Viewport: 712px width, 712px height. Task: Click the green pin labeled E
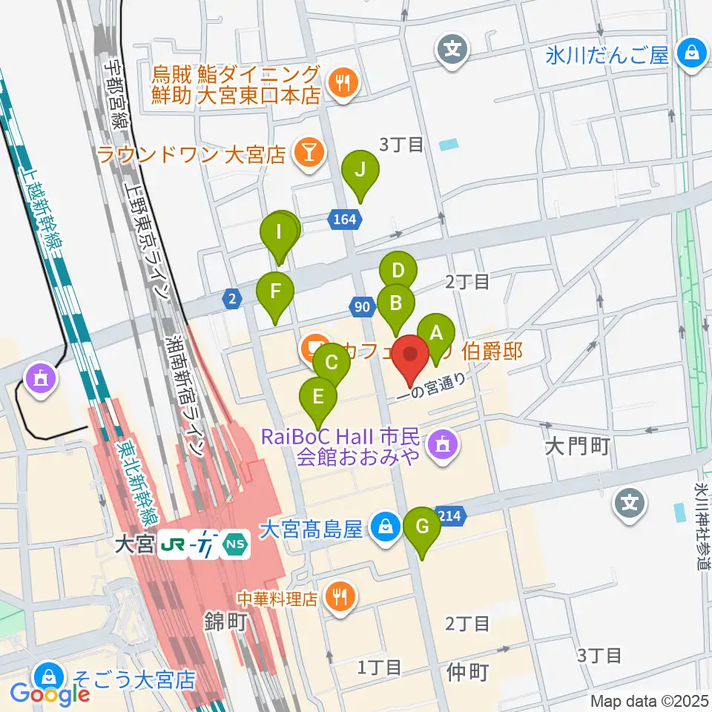318,398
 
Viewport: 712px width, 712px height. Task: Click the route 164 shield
344,218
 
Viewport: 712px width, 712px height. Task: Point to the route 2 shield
232,298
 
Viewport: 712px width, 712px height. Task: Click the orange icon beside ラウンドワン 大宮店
306,154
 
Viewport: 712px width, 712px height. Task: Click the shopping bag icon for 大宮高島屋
385,528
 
